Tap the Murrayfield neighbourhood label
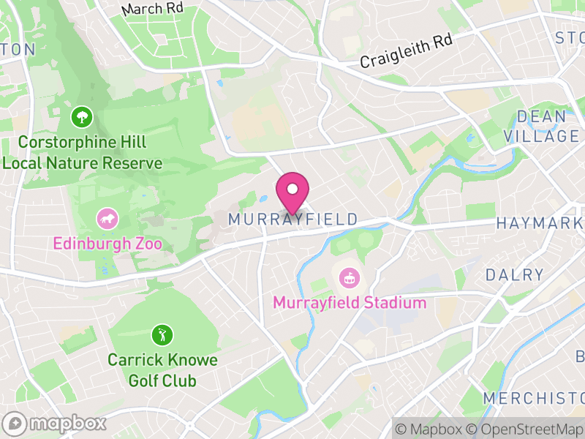coord(292,219)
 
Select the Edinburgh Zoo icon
coord(107,218)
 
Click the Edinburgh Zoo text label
coord(107,243)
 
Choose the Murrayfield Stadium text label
coord(349,302)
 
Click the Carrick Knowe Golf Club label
coord(162,370)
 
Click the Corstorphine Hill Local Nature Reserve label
coord(81,151)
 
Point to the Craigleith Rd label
coord(406,51)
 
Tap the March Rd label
coord(152,9)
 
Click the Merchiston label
coord(533,398)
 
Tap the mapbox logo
coord(56,423)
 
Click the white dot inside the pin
coord(292,190)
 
